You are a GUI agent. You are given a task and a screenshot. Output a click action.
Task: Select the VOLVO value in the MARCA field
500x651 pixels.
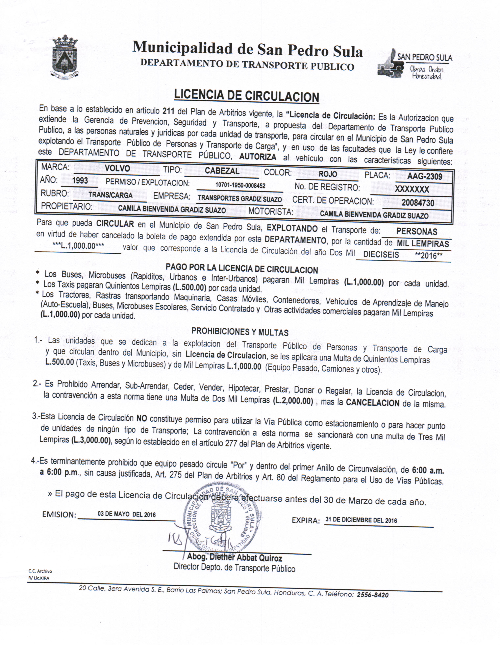pyautogui.click(x=117, y=169)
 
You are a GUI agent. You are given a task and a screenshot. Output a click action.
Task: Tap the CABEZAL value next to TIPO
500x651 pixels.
pyautogui.click(x=222, y=171)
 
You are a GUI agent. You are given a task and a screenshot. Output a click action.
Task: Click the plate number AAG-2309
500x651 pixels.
pyautogui.click(x=424, y=176)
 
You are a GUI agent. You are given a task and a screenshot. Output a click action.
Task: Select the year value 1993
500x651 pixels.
pyautogui.click(x=80, y=181)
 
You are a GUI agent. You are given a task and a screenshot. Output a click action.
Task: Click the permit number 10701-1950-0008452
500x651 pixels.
pyautogui.click(x=240, y=186)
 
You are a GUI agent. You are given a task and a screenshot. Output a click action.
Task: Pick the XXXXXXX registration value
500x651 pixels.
pyautogui.click(x=412, y=190)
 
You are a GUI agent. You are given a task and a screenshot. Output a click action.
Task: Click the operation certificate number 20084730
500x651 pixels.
pyautogui.click(x=418, y=203)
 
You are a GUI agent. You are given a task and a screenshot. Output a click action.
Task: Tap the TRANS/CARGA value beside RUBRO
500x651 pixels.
pyautogui.click(x=110, y=196)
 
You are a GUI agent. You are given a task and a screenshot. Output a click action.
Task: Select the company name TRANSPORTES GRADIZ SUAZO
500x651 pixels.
pyautogui.click(x=240, y=198)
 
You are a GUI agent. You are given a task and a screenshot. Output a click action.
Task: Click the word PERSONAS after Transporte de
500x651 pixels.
pyautogui.click(x=417, y=232)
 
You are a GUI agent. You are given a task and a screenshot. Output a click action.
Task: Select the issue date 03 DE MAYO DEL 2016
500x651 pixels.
pyautogui.click(x=126, y=515)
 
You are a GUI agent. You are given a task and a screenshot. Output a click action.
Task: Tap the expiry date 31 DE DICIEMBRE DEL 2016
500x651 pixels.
pyautogui.click(x=361, y=520)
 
